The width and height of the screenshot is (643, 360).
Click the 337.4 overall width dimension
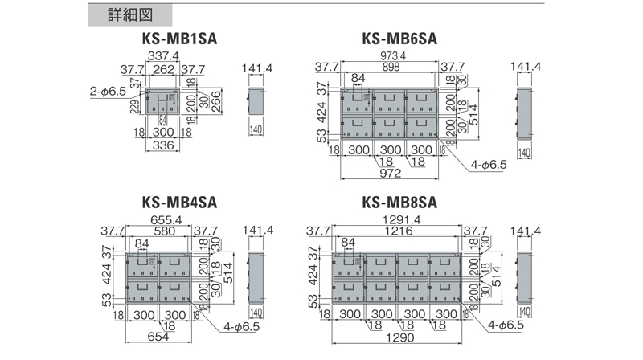163,55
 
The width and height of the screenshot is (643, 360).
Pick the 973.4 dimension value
390,55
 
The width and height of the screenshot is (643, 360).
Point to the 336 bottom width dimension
164,145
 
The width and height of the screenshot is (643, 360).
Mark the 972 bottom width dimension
390,174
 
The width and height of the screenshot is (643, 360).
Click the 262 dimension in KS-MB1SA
164,69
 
